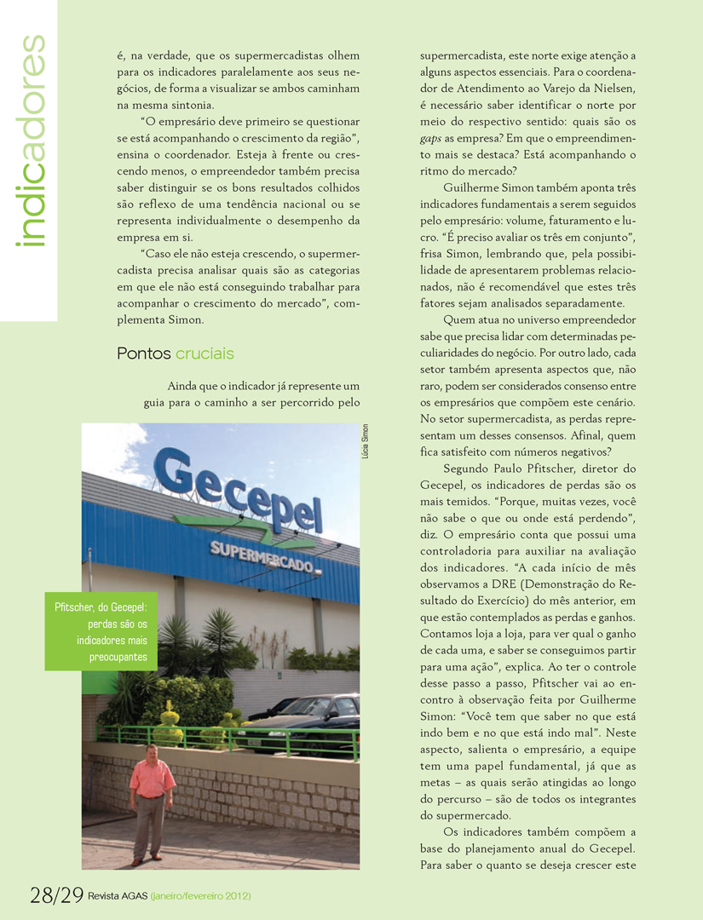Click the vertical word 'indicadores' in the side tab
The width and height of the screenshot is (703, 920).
pyautogui.click(x=32, y=141)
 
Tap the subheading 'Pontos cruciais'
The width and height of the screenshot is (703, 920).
pyautogui.click(x=176, y=354)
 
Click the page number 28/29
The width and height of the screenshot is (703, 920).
pyautogui.click(x=56, y=894)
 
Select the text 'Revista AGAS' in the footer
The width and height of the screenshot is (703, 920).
pyautogui.click(x=117, y=896)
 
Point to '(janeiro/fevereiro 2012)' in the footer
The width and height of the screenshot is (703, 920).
pyautogui.click(x=200, y=896)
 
